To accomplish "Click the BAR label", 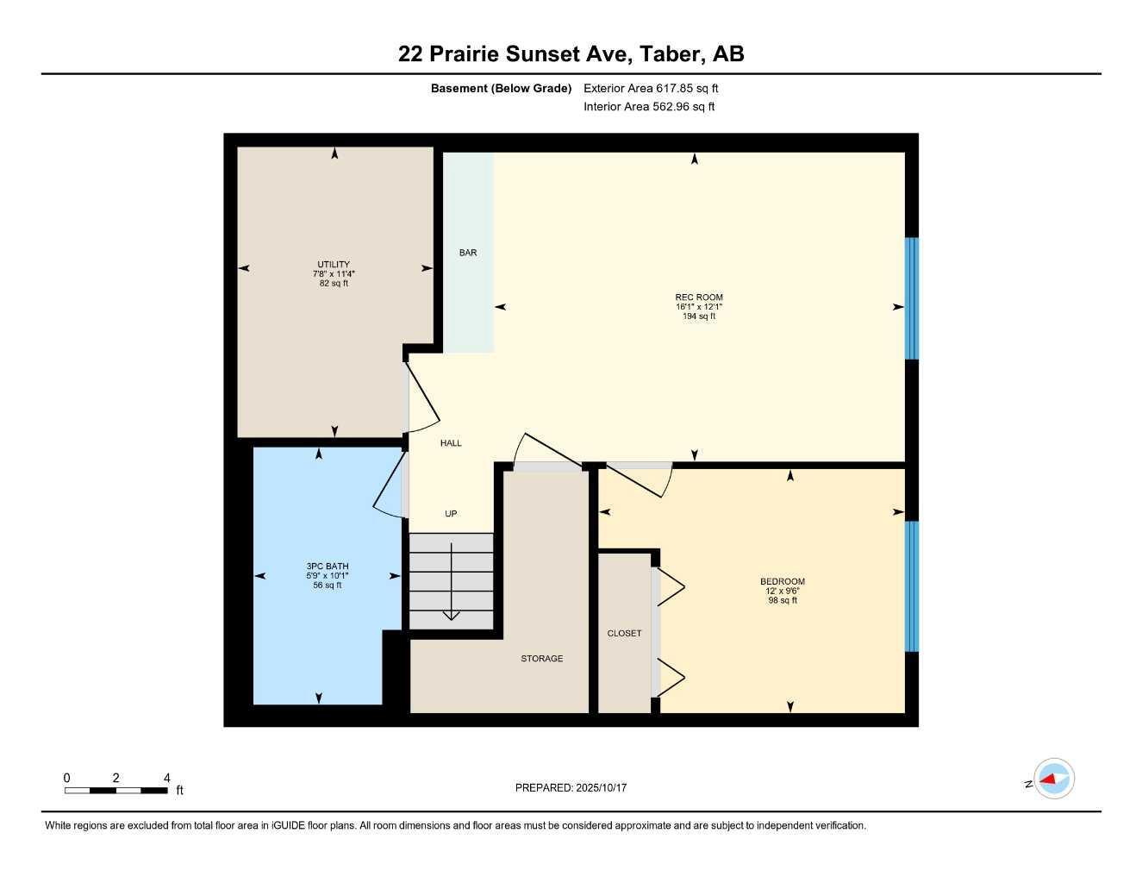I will pos(468,253).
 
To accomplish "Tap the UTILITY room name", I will pos(334,265).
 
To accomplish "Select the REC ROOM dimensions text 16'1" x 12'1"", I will pos(699,307).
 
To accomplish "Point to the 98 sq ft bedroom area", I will pos(783,600).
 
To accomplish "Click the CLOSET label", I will pos(624,633).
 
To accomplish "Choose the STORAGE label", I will pos(542,659).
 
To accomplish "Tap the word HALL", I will pos(451,443).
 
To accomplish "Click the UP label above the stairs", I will pos(451,514).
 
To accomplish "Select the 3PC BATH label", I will pos(328,567).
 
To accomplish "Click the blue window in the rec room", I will pos(911,298).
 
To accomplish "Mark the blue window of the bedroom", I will pos(911,586).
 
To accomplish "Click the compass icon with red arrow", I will pos(1053,780).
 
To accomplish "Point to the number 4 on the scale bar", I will pos(167,778).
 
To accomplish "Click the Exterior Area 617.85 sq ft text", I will pos(651,88).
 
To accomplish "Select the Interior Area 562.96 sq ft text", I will pos(649,107).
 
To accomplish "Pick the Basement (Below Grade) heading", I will pos(501,88).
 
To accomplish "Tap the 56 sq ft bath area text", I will pos(328,586).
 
